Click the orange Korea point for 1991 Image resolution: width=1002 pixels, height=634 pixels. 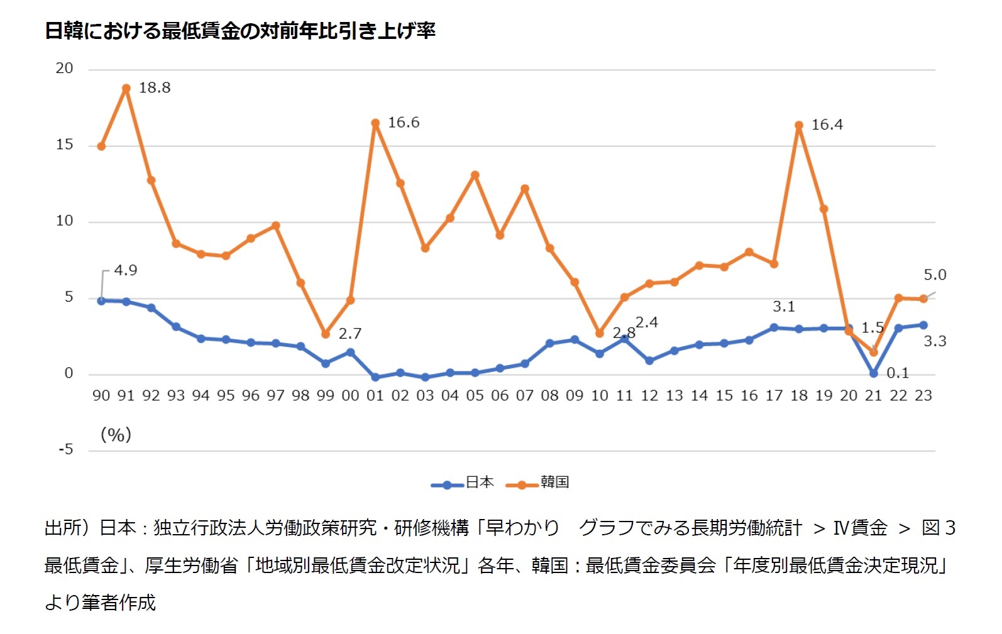[x=126, y=89]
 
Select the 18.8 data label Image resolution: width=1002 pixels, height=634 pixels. [x=155, y=88]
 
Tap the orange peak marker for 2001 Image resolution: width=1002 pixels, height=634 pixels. [x=375, y=123]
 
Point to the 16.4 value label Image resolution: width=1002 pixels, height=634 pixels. [x=827, y=125]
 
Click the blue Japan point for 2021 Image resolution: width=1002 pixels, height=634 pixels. [x=873, y=373]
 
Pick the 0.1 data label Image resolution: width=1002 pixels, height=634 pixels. [x=898, y=373]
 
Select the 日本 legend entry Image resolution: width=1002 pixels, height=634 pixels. [x=464, y=483]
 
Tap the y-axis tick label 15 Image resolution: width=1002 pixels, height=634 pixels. [x=64, y=145]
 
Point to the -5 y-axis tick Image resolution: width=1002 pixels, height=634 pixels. [x=66, y=450]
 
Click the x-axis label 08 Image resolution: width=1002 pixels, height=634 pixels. [x=549, y=396]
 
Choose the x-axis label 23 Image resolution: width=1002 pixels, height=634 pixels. [x=923, y=396]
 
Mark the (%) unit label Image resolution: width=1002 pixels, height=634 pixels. [x=116, y=435]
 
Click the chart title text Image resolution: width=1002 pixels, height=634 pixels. [x=239, y=30]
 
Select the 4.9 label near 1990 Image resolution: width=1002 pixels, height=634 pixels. [x=125, y=270]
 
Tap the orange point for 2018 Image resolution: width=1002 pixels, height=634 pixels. [x=799, y=126]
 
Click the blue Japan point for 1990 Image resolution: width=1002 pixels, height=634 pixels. [x=101, y=300]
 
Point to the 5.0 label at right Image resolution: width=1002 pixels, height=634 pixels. [x=934, y=275]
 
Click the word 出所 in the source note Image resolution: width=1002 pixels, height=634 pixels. [x=63, y=528]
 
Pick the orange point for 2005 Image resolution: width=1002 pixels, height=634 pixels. [x=475, y=175]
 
